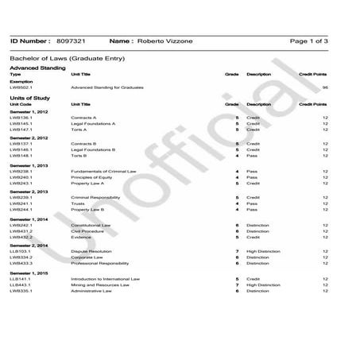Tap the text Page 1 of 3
click(310, 40)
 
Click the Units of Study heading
click(30, 98)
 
